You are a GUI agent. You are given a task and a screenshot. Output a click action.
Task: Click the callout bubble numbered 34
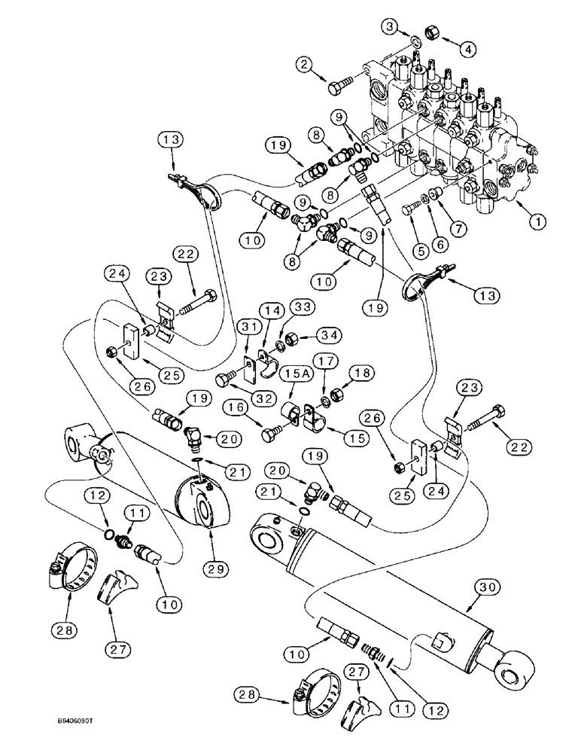click(311, 335)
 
